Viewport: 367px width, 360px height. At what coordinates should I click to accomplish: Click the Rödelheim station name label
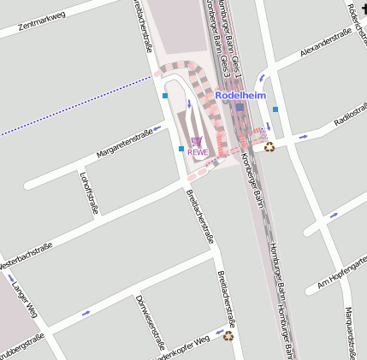coord(241,95)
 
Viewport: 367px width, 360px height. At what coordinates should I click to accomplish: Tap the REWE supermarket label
coord(198,152)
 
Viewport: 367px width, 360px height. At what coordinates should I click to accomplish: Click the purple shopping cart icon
coord(197,142)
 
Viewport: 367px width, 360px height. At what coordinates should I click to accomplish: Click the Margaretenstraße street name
coord(124,144)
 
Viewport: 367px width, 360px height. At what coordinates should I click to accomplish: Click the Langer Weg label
coord(27,299)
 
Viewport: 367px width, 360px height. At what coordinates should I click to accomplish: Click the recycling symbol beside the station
coord(269,146)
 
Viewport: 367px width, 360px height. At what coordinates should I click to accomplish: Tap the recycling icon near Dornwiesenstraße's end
coord(228,336)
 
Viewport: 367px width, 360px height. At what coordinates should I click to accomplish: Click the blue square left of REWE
coord(181,149)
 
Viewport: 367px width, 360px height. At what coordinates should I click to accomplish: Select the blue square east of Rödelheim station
coord(275,109)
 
